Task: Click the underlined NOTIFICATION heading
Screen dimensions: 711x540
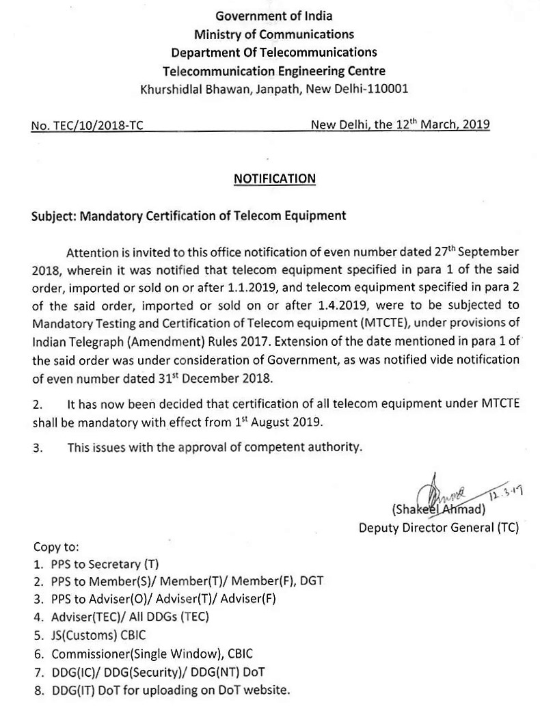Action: [x=275, y=179]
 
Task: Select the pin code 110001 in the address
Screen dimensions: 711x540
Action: [x=387, y=89]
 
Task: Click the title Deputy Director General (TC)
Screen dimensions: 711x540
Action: [x=439, y=527]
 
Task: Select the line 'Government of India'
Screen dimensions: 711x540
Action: [x=273, y=16]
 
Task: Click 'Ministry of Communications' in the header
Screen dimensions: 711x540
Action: [x=273, y=34]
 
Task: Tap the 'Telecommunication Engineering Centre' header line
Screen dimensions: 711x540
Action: [x=273, y=70]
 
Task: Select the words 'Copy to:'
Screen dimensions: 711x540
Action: [x=57, y=548]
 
